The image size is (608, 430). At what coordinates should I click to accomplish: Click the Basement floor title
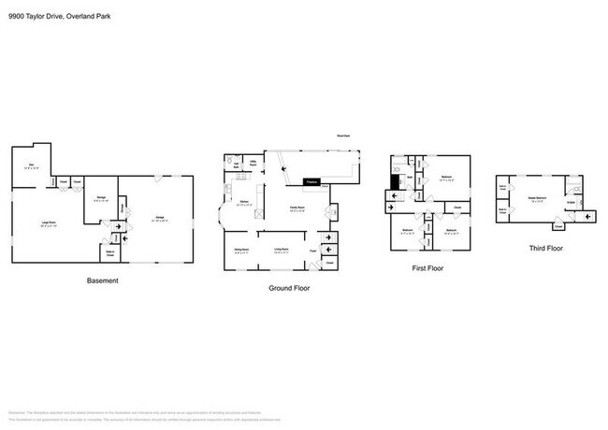pyautogui.click(x=102, y=279)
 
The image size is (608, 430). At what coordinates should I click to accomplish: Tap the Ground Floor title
pyautogui.click(x=289, y=288)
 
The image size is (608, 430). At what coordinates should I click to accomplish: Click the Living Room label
pyautogui.click(x=280, y=249)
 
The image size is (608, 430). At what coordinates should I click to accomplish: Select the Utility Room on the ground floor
pyautogui.click(x=253, y=162)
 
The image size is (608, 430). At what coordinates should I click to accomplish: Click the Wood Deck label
pyautogui.click(x=344, y=136)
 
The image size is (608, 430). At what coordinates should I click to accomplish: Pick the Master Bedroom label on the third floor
pyautogui.click(x=538, y=198)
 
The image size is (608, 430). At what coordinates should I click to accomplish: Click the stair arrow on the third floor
pyautogui.click(x=587, y=218)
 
